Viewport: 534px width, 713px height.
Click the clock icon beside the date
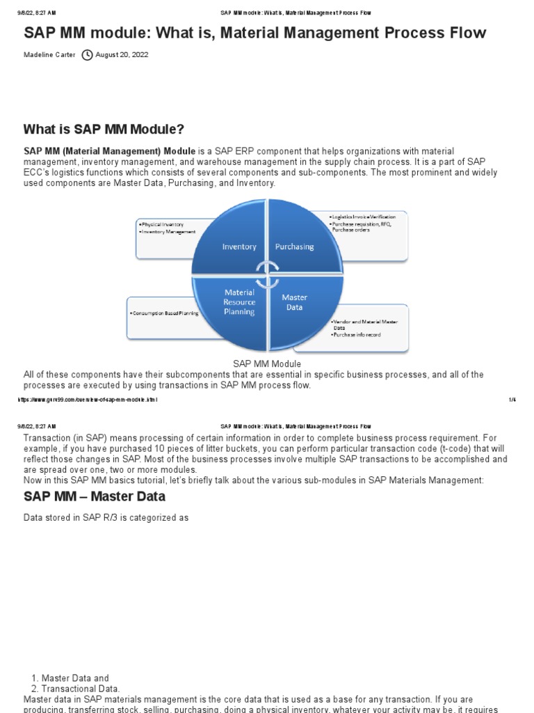87,55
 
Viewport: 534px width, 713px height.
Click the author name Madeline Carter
49,55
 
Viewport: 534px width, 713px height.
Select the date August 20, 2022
122,55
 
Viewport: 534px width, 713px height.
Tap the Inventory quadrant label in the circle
239,246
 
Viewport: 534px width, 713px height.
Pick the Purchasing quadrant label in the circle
294,246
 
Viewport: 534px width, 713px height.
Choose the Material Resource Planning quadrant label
239,302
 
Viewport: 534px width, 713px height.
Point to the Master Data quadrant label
294,302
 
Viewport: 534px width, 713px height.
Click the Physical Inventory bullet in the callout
162,225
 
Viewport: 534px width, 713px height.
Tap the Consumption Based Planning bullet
164,313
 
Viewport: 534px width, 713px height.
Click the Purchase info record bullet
357,334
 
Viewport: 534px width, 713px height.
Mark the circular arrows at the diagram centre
267,274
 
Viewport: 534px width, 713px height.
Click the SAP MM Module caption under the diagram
267,364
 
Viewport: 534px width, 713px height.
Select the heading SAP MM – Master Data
95,496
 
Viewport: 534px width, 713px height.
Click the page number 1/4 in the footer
513,400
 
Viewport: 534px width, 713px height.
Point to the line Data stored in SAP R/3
106,518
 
